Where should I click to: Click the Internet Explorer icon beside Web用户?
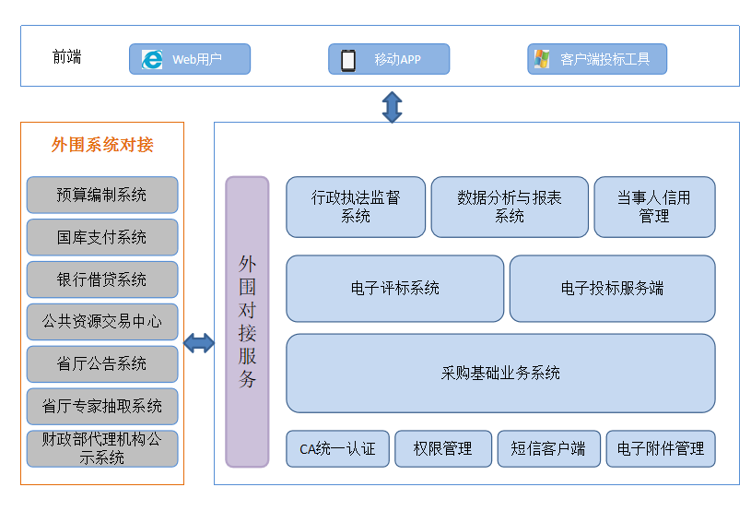[x=152, y=59]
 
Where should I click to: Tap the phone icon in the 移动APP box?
[x=348, y=60]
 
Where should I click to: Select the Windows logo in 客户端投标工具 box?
[x=542, y=59]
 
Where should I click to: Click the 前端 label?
[x=66, y=56]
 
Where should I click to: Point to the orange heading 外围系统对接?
[x=102, y=144]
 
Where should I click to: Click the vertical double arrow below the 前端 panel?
[x=392, y=107]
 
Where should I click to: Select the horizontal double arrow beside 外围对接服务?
[x=199, y=343]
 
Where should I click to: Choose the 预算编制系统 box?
[x=102, y=195]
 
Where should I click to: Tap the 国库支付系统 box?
[x=102, y=237]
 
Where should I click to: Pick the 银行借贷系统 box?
[x=102, y=279]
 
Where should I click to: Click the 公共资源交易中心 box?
[x=102, y=322]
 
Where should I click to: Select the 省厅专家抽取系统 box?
[x=102, y=407]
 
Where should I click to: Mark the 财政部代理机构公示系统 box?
[x=102, y=448]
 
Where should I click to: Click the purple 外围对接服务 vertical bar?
[x=247, y=322]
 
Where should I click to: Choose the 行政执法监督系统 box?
[x=356, y=208]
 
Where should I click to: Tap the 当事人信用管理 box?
[x=654, y=208]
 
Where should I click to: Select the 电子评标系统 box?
[x=394, y=289]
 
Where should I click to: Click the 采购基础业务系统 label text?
[x=500, y=373]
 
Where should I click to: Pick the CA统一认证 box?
[x=337, y=448]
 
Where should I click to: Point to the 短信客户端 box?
[x=549, y=448]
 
